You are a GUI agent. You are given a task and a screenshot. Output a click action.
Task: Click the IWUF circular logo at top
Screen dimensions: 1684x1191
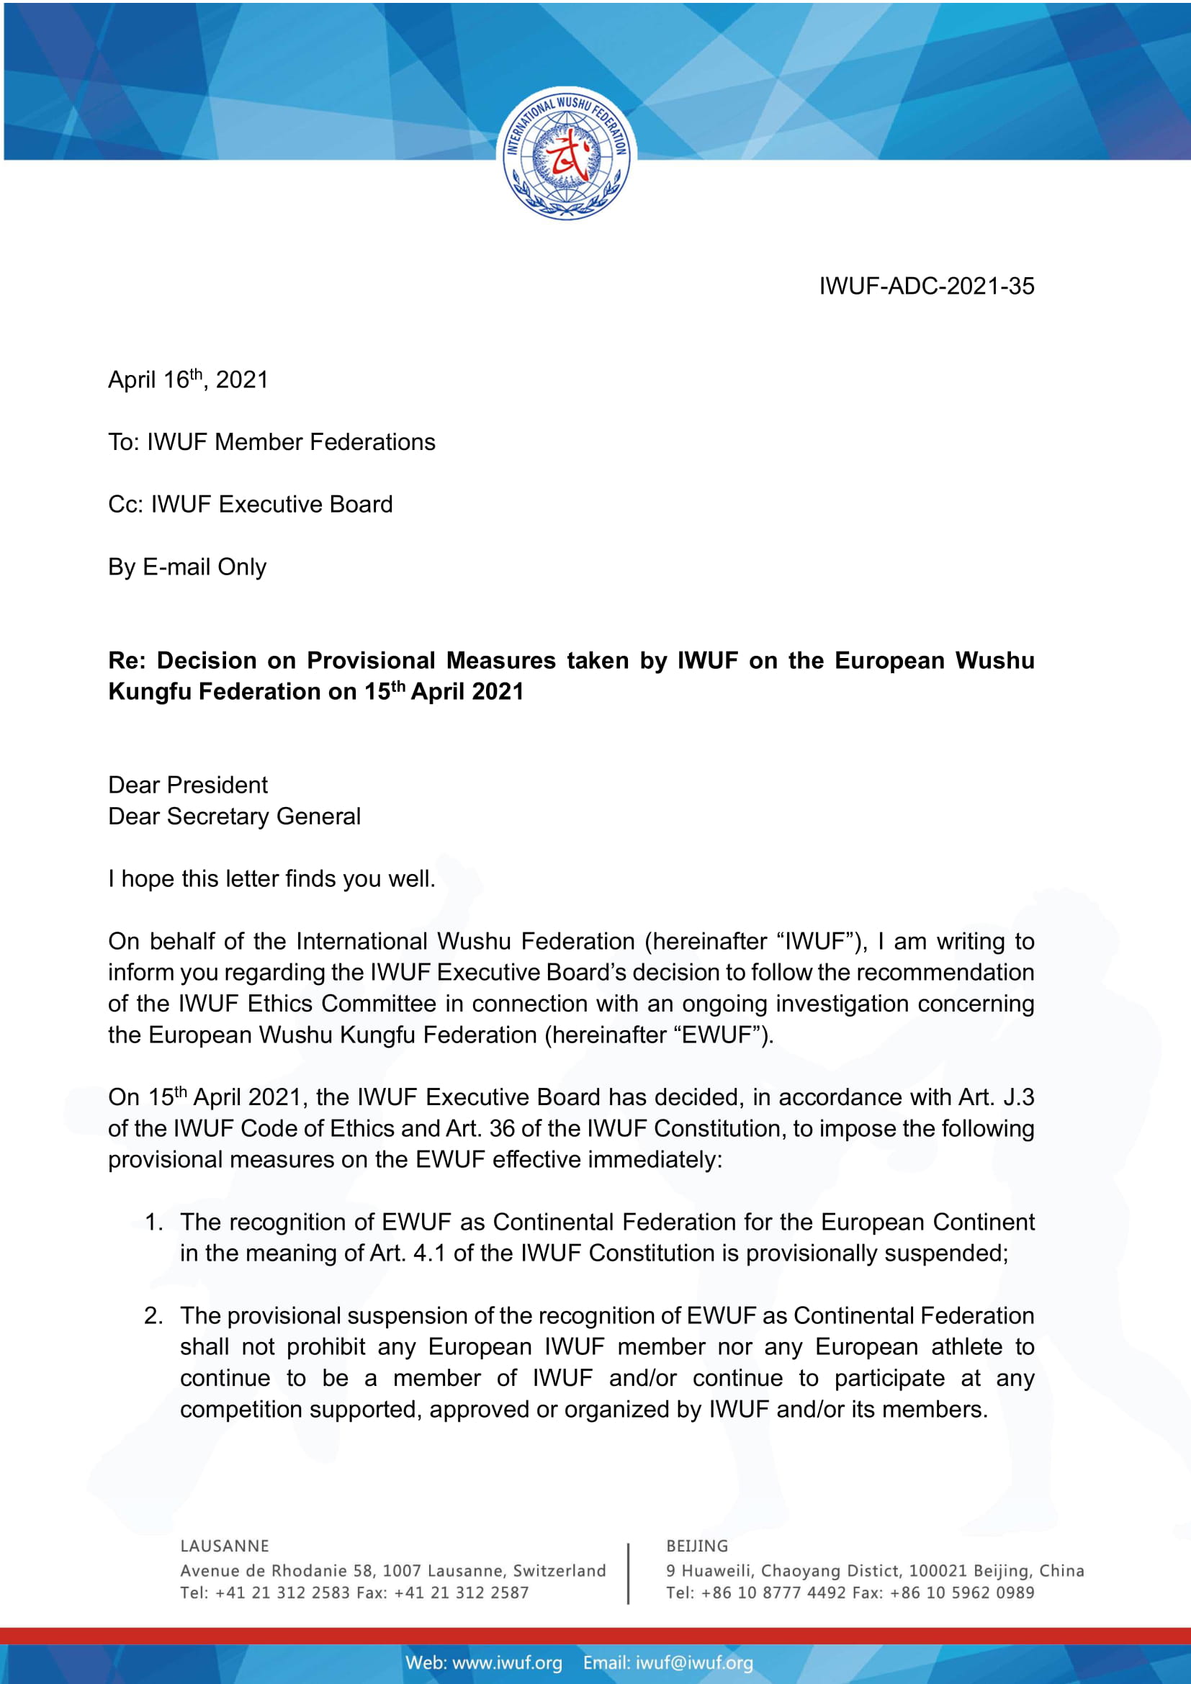pos(566,155)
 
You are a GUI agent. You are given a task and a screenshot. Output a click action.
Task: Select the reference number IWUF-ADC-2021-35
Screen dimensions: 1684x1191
pos(926,286)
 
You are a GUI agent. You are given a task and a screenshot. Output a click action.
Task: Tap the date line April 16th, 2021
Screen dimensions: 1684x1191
pos(188,380)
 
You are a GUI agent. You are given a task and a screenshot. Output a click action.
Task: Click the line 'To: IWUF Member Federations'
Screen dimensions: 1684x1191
pos(271,442)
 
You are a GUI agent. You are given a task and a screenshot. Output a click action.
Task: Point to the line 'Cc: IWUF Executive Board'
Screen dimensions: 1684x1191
pos(250,505)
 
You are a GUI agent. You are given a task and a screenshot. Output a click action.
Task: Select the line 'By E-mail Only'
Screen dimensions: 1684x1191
pos(187,567)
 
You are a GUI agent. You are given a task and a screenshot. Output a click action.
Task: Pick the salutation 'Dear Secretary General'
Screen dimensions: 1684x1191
pos(234,816)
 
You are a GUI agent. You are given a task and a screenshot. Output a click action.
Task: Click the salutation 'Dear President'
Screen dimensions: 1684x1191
pos(188,785)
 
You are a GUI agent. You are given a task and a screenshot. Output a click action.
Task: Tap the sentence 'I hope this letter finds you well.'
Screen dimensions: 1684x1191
pos(271,878)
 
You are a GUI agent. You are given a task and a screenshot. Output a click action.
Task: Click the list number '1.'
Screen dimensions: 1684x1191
pos(153,1222)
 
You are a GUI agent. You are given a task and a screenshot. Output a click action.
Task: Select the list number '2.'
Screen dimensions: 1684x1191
pos(153,1316)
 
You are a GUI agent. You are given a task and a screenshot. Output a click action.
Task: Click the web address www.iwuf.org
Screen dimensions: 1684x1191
pos(507,1662)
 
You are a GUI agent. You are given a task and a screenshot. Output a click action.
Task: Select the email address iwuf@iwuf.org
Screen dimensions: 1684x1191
pos(693,1662)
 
